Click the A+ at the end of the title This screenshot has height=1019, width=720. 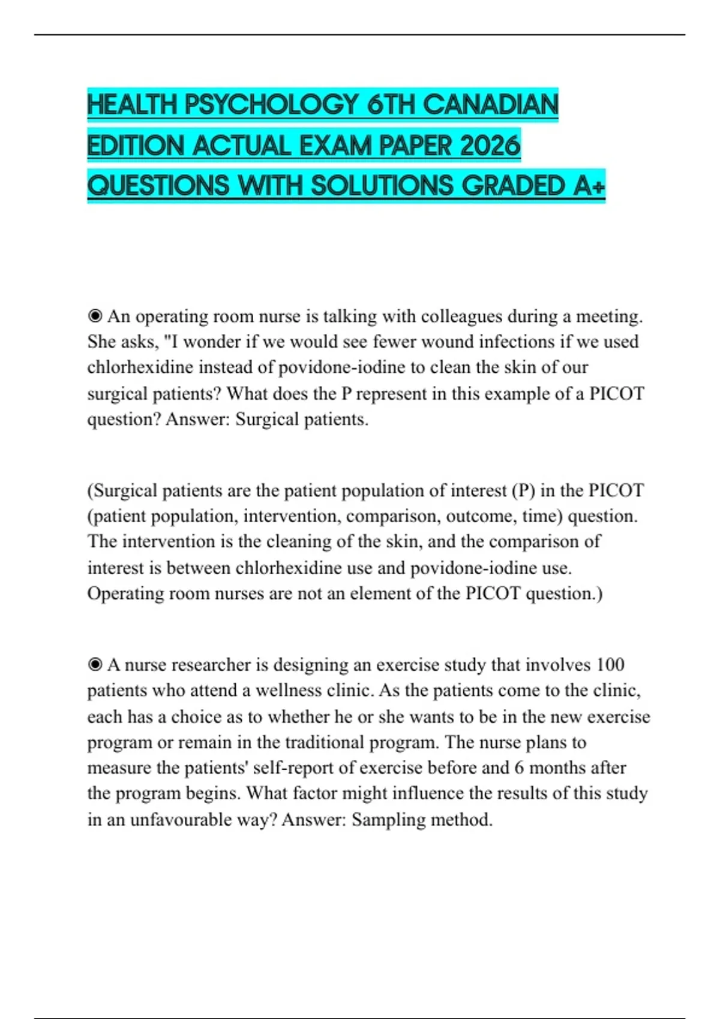tap(589, 186)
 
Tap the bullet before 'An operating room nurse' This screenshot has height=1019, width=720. tap(95, 316)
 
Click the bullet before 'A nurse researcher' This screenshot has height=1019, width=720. tap(95, 665)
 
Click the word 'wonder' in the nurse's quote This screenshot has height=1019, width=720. tap(212, 342)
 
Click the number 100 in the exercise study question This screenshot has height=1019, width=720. tap(610, 665)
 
